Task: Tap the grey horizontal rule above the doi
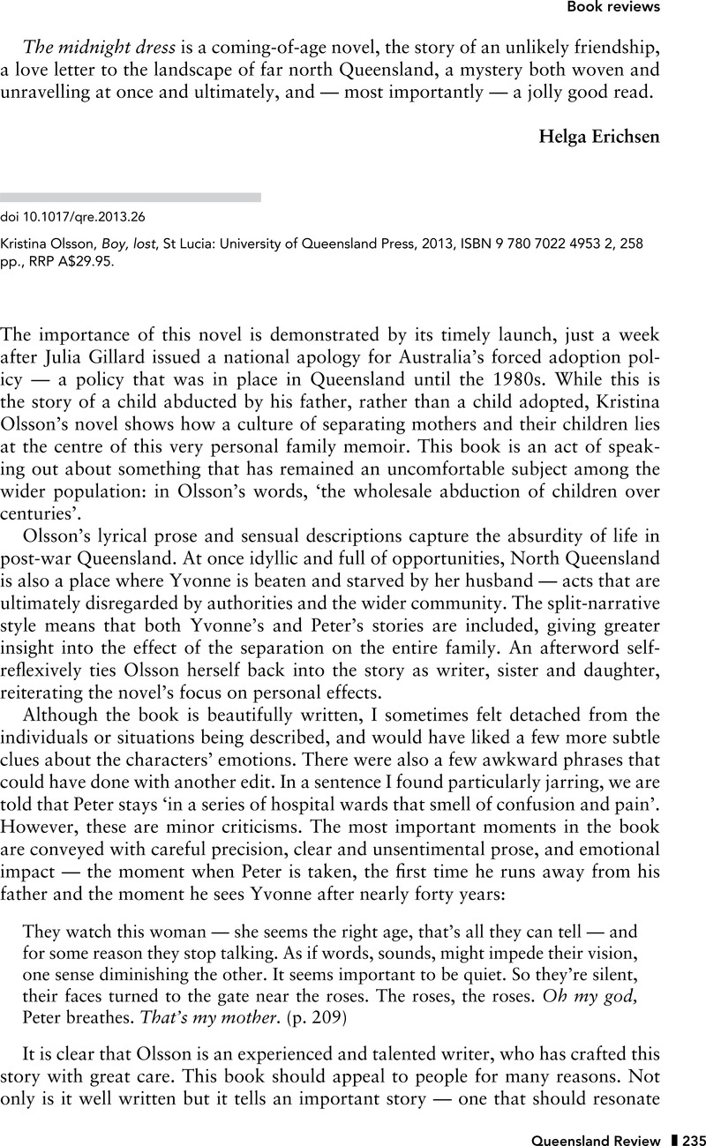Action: (x=131, y=198)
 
